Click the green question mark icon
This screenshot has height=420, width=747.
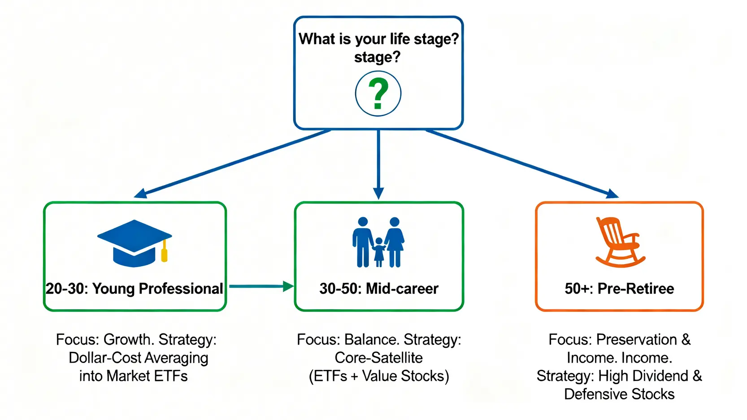point(378,94)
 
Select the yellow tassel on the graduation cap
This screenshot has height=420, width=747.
point(165,253)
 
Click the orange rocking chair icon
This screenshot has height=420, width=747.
point(619,242)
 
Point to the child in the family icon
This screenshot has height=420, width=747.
point(379,252)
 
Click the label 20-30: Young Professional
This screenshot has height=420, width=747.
point(134,289)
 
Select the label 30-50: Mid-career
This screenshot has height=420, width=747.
point(378,289)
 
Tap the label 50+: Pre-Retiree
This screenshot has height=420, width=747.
point(619,289)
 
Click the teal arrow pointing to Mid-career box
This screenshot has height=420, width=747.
point(260,286)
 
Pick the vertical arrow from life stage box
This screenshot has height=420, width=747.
point(378,164)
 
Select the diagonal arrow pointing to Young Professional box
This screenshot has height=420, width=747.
point(233,163)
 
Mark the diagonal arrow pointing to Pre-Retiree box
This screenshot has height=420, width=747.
point(522,163)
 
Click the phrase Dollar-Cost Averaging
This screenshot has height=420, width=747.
point(138,358)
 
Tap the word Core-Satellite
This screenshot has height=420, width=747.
point(378,358)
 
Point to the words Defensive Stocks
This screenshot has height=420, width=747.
point(619,394)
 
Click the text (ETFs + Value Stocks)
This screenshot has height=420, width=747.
point(378,376)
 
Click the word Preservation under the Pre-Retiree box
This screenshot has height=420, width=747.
point(637,340)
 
